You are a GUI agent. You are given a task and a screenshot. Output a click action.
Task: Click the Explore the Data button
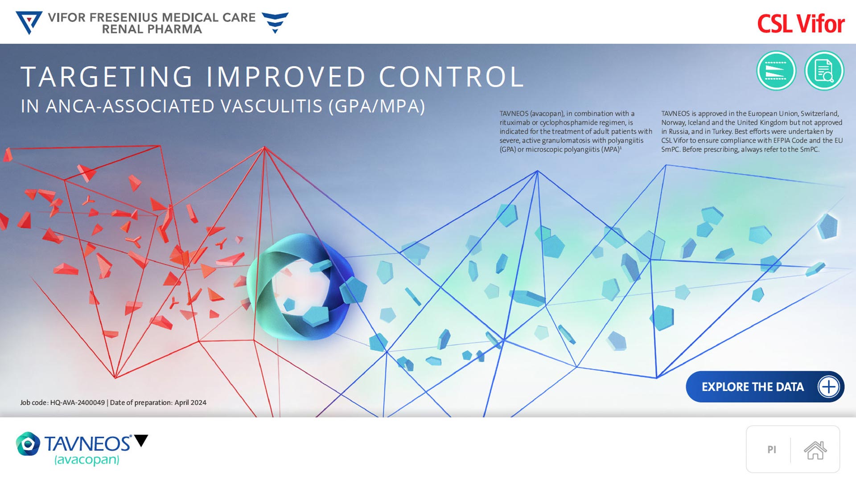pos(765,386)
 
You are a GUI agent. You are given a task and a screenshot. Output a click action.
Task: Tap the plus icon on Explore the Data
pos(828,386)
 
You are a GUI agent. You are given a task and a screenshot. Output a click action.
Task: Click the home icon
pos(815,450)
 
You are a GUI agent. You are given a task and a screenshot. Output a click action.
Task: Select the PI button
pos(772,450)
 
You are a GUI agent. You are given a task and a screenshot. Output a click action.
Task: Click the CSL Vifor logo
pos(801,24)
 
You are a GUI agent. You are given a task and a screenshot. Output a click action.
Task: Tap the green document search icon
pos(824,70)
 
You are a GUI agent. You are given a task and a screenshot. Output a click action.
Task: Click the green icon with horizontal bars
pos(776,70)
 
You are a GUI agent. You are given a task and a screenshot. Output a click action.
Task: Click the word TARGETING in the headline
pos(107,77)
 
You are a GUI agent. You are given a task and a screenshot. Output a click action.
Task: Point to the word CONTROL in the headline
pos(451,77)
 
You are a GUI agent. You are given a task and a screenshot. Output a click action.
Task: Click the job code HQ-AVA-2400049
pos(78,403)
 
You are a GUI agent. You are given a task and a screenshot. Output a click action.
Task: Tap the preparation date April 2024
pos(190,403)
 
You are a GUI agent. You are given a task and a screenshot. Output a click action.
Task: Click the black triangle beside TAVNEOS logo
pos(141,440)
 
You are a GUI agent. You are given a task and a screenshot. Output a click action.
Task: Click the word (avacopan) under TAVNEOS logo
pos(87,460)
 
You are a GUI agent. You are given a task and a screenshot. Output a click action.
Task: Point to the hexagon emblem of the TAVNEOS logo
pos(28,444)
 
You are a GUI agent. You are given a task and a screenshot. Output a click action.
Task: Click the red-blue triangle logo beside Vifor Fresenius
pos(29,23)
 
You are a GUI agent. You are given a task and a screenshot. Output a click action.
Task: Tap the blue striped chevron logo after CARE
pos(275,22)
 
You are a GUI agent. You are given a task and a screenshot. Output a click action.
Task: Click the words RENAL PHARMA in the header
pos(152,29)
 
